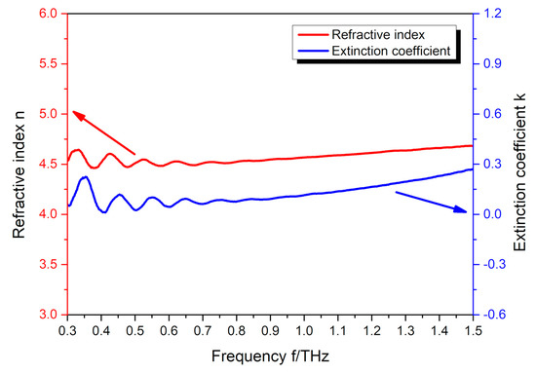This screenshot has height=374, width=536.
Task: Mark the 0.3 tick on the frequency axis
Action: click(x=66, y=331)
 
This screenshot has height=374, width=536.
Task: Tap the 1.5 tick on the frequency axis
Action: click(x=473, y=331)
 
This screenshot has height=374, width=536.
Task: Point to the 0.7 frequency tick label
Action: click(x=202, y=331)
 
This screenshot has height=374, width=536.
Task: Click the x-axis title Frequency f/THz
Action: click(x=270, y=356)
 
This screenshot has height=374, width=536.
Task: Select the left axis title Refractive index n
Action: click(x=19, y=164)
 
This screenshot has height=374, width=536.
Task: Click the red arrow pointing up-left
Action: click(x=102, y=133)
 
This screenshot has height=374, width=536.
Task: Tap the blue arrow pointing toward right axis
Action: click(x=428, y=202)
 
